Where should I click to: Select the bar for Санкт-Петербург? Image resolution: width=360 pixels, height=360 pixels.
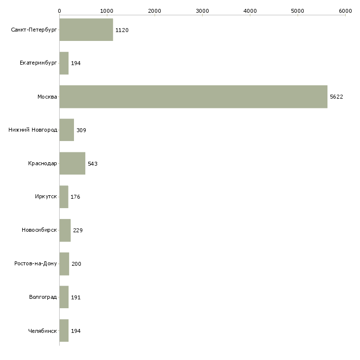(86, 30)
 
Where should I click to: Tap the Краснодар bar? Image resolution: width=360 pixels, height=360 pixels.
(72, 163)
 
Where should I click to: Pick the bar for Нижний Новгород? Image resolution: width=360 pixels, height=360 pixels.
(67, 130)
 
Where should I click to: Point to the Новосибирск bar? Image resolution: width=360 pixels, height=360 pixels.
(65, 230)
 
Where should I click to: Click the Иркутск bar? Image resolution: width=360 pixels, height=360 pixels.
(64, 197)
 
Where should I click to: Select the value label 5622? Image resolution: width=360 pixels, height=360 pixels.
(336, 97)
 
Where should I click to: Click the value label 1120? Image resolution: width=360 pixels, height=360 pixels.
(122, 30)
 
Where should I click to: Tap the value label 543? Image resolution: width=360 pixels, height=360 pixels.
(93, 164)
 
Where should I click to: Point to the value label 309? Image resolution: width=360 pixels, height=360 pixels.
(81, 130)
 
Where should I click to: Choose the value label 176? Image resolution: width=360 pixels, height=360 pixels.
(75, 197)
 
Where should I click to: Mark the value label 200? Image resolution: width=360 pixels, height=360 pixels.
(76, 264)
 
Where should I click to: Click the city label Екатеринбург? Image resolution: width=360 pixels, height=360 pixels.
(38, 64)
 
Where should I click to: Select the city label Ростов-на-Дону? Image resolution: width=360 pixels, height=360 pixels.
(36, 264)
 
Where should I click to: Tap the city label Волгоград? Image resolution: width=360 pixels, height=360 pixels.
(43, 297)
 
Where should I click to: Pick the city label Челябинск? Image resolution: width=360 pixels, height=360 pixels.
(42, 330)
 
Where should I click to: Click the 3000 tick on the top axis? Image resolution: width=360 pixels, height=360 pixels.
(202, 11)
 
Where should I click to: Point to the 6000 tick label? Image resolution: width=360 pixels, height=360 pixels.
(345, 11)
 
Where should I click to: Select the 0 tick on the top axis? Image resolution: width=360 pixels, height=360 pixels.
(59, 11)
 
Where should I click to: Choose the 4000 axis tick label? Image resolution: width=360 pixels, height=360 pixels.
(250, 11)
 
